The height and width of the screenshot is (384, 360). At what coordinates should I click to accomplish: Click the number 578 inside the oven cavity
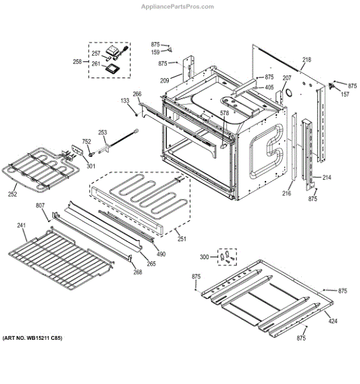tap(224, 113)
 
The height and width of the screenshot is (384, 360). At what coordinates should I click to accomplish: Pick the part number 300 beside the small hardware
tap(204, 257)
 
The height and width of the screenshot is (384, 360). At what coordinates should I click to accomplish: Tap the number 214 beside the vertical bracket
tap(327, 177)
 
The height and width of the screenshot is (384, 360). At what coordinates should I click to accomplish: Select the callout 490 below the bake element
tap(161, 254)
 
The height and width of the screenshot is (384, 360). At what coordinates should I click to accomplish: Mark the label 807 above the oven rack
tap(40, 205)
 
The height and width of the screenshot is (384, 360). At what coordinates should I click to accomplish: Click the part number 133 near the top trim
tap(125, 101)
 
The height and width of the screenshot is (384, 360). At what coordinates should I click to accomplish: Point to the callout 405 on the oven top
tap(269, 88)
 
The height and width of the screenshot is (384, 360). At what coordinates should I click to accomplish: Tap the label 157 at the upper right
tap(345, 94)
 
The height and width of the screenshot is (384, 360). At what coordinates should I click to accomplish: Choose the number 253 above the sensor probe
tap(102, 132)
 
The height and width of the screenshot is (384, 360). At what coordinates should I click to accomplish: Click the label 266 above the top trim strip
tap(137, 93)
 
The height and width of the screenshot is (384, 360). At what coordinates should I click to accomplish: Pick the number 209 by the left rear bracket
tap(164, 81)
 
